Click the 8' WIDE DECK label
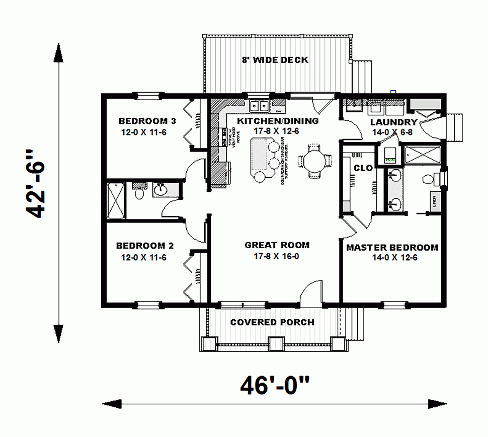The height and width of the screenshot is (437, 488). [x=275, y=60]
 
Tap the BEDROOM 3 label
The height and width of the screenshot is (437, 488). [x=147, y=121]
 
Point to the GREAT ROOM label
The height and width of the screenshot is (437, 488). [x=277, y=245]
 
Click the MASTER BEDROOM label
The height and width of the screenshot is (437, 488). [x=392, y=248]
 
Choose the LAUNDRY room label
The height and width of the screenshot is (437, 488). [x=393, y=122]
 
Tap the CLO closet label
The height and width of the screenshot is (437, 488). [x=363, y=168]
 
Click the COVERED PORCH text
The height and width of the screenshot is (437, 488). [x=272, y=322]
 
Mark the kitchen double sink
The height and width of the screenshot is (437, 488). [x=260, y=106]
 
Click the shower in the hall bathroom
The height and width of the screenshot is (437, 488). [x=116, y=200]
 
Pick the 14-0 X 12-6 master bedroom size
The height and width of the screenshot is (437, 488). [x=392, y=257]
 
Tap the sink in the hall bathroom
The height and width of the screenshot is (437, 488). [x=161, y=190]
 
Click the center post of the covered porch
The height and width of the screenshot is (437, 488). [x=274, y=344]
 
